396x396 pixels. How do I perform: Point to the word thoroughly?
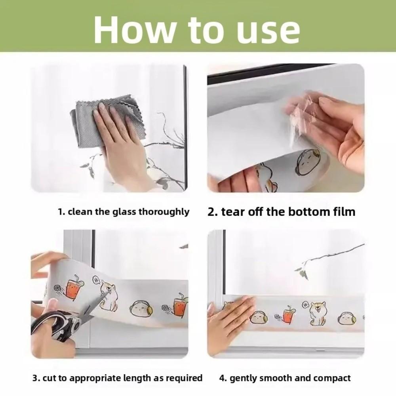(x=164, y=212)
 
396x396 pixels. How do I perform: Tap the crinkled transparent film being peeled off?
(x=301, y=119)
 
